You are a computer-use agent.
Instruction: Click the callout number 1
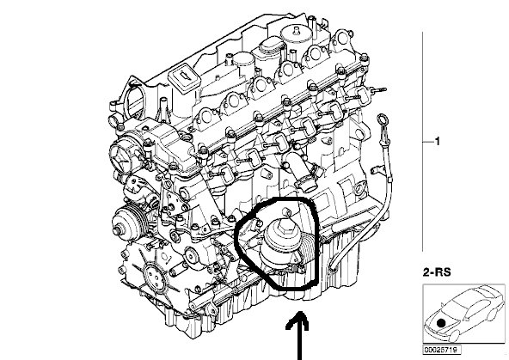coord(438,142)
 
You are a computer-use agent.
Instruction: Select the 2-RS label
coord(437,272)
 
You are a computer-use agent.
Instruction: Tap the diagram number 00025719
coord(441,350)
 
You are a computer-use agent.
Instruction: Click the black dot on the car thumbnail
coord(441,323)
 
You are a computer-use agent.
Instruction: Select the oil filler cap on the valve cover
coord(183,78)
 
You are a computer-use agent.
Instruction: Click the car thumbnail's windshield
coord(457,308)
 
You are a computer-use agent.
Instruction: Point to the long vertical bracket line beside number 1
coord(422,142)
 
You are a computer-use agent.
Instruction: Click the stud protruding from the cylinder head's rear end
coord(378,90)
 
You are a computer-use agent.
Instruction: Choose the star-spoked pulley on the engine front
coord(122,159)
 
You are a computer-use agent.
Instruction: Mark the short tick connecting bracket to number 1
coord(428,142)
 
